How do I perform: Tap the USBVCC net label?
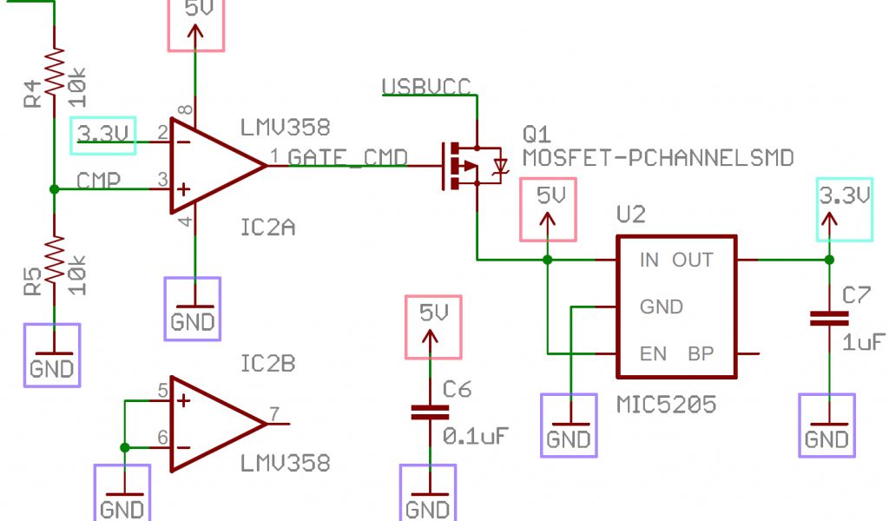[x=426, y=86]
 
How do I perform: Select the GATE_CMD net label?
[x=348, y=157]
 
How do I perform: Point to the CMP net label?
[x=98, y=180]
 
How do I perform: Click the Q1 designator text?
[x=537, y=135]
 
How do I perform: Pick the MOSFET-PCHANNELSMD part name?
[x=658, y=158]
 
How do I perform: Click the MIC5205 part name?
[x=667, y=404]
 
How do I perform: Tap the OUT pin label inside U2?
[x=693, y=260]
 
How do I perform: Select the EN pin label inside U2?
[x=652, y=353]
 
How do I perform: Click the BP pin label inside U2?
[x=701, y=353]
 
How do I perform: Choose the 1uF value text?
[x=863, y=341]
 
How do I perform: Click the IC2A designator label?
[x=267, y=228]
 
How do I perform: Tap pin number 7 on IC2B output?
[x=274, y=413]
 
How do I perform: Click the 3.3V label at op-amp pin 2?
[x=103, y=135]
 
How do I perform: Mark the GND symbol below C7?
[x=826, y=425]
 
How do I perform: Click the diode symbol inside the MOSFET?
[x=500, y=166]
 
